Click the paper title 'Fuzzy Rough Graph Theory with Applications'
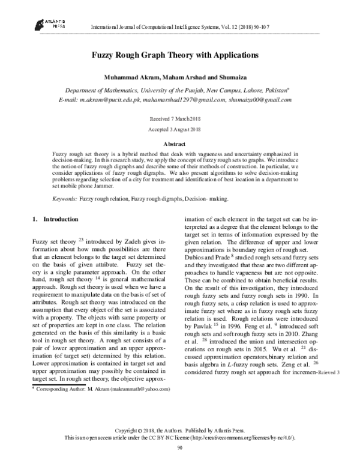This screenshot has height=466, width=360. coord(175,55)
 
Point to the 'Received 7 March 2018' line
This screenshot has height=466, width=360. coord(175,119)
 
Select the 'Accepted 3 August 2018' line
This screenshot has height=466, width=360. coord(175,129)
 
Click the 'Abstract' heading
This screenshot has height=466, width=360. coord(175,144)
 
